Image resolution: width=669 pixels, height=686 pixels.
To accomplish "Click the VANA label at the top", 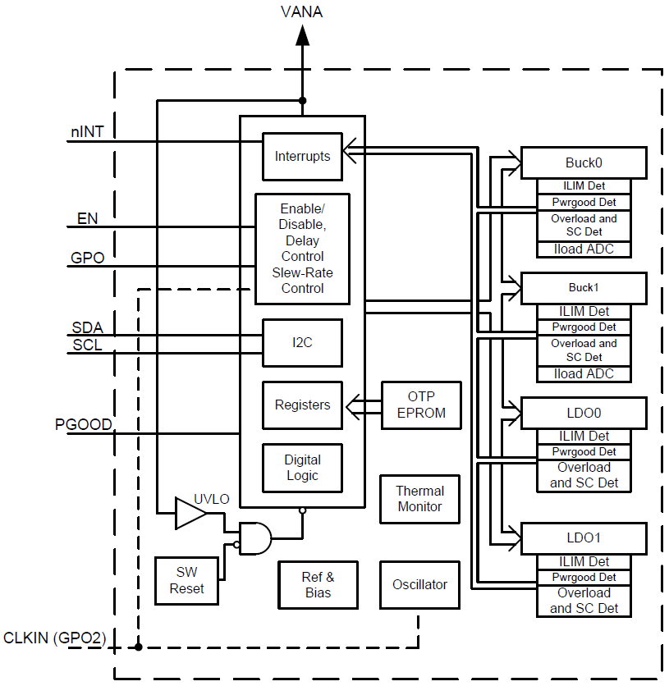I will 302,11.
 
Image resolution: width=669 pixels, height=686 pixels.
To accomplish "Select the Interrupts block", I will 302,156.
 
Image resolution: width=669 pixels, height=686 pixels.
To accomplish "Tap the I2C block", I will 302,342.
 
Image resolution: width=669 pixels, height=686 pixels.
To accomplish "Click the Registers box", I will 302,405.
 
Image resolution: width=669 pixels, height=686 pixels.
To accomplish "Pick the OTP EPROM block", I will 421,405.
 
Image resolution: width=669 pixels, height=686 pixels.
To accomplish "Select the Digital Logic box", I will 302,468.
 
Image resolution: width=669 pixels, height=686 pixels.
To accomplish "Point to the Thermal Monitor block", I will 419,499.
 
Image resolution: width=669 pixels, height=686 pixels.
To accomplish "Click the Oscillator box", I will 419,585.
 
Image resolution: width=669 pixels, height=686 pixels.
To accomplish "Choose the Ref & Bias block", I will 318,585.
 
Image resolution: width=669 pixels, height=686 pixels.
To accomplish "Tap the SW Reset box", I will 187,580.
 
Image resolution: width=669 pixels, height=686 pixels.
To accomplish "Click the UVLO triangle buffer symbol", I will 190,514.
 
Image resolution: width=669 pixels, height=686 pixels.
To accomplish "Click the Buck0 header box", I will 584,162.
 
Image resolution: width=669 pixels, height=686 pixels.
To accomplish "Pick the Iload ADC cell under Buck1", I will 584,374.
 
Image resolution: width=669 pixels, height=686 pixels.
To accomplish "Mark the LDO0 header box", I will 584,413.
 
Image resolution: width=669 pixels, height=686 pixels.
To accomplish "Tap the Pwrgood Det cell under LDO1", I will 584,577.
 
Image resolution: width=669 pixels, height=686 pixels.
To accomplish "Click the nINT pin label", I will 87,131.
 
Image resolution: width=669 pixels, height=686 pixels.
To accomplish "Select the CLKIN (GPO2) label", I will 54,638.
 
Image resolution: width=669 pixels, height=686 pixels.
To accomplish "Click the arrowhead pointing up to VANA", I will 302,34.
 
